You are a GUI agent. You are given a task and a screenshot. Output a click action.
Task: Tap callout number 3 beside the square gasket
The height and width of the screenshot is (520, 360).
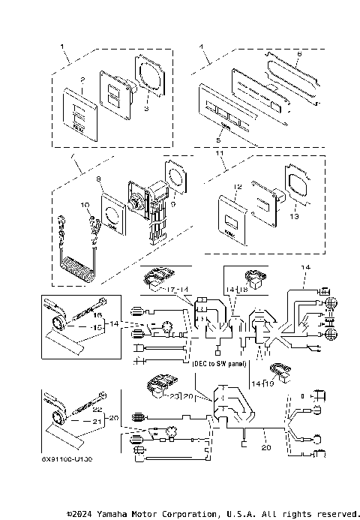147,109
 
